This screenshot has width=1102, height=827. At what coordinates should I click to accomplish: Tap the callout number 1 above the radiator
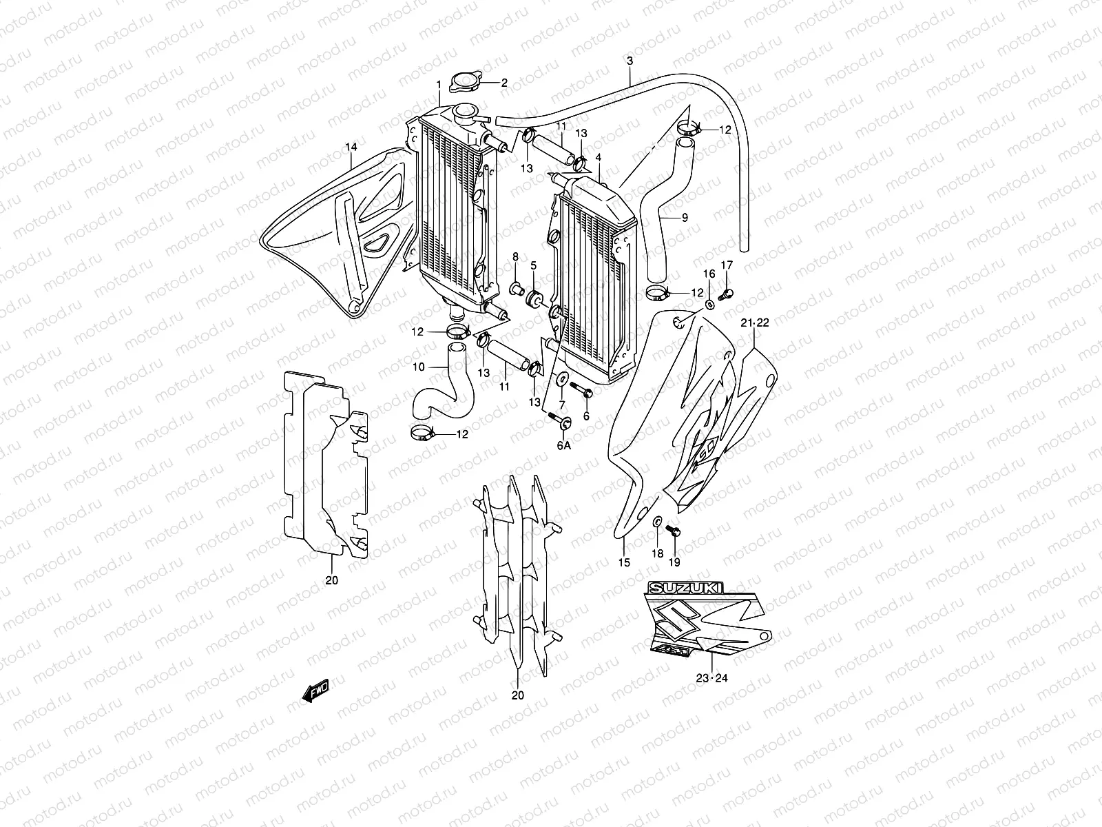pyautogui.click(x=438, y=84)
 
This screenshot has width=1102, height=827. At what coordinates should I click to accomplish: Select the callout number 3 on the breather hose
pyautogui.click(x=630, y=61)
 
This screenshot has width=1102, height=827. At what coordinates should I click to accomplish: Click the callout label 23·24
pyautogui.click(x=711, y=678)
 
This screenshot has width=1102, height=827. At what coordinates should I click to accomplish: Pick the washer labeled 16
pyautogui.click(x=710, y=304)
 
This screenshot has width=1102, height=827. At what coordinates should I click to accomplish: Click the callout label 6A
pyautogui.click(x=563, y=446)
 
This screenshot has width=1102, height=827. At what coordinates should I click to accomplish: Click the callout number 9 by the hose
pyautogui.click(x=685, y=217)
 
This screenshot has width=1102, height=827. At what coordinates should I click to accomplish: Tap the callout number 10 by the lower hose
pyautogui.click(x=419, y=367)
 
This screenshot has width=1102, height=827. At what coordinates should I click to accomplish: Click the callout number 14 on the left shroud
pyautogui.click(x=351, y=147)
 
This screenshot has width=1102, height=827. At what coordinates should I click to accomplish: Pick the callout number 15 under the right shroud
pyautogui.click(x=624, y=562)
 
